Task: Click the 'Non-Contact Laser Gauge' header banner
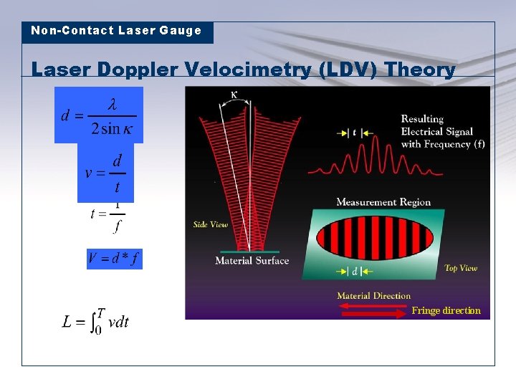[117, 32]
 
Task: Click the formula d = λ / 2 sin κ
[98, 115]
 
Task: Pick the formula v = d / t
[105, 173]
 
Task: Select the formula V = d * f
[115, 259]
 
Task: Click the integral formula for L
[96, 322]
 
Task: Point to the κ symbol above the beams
[235, 95]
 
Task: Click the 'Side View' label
[210, 225]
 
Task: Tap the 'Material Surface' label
[252, 261]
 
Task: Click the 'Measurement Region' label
[383, 202]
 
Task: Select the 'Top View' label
[461, 268]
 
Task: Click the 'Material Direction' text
[373, 296]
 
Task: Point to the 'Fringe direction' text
[446, 311]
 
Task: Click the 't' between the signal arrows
[354, 133]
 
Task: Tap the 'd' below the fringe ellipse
[354, 272]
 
